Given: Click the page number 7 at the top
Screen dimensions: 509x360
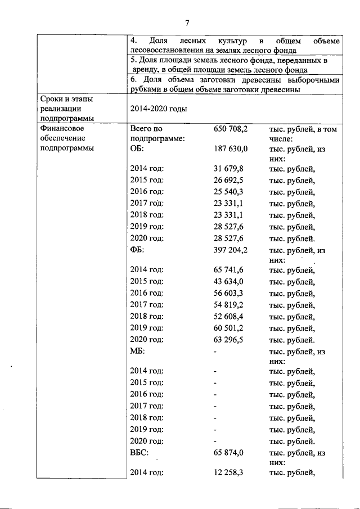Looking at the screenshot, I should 187,22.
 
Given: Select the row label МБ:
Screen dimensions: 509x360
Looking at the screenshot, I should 138,351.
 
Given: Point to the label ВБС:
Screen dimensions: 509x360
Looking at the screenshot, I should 140,452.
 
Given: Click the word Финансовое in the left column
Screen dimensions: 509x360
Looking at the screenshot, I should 61,129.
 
